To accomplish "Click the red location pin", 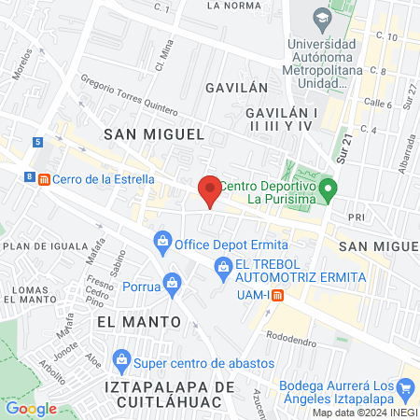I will (x=210, y=191).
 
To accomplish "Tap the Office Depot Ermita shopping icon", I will (x=163, y=243).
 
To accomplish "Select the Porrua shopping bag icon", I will (x=171, y=282).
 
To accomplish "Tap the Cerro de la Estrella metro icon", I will (x=43, y=180).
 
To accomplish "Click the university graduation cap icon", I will (x=322, y=18).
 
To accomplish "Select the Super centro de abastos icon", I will (x=121, y=359).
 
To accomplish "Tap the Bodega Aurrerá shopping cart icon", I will (x=405, y=387).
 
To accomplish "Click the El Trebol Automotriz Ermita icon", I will (x=223, y=270).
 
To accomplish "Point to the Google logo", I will (x=31, y=408).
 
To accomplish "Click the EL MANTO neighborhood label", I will (x=138, y=321).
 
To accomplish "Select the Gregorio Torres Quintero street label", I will (x=131, y=98).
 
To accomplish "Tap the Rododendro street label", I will (x=291, y=336).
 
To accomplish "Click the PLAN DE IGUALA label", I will (x=38, y=245).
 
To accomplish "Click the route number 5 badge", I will (x=36, y=142).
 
